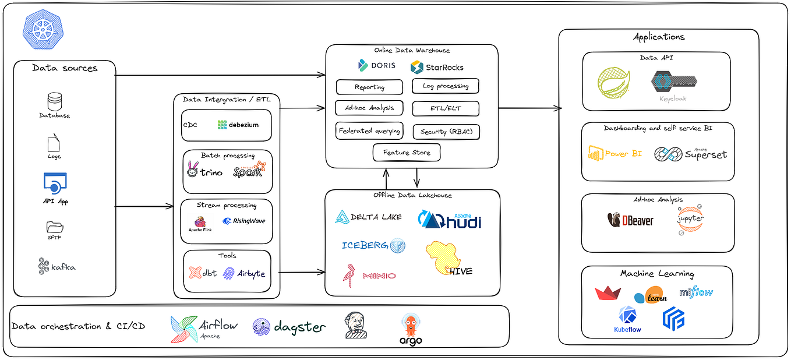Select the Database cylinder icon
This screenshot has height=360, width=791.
[55, 102]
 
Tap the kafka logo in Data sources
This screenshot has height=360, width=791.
[55, 266]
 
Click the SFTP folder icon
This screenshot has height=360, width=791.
[55, 227]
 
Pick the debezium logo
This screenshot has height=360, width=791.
[238, 125]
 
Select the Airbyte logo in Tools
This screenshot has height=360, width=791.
[244, 273]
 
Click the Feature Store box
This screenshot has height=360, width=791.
[407, 153]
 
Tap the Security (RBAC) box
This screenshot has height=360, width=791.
[446, 132]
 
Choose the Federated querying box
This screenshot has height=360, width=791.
[369, 131]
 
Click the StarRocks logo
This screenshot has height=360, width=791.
[437, 67]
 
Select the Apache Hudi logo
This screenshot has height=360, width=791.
[449, 220]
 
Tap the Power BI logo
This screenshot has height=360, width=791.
[615, 154]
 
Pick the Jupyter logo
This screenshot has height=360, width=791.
[690, 220]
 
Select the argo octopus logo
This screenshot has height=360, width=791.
[411, 329]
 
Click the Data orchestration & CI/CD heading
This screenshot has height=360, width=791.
[78, 326]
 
